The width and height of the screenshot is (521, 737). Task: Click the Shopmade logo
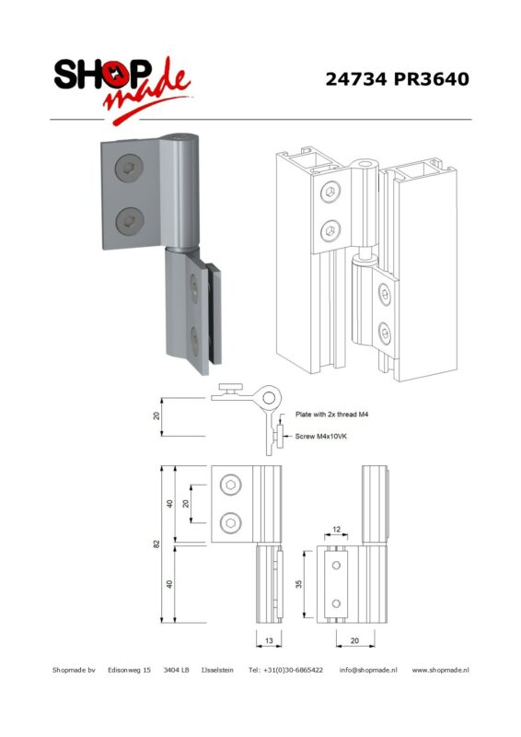122,89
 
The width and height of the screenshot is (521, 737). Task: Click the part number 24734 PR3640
397,79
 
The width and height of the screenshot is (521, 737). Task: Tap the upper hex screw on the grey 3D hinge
129,169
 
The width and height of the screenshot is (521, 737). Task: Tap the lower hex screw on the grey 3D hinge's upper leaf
129,221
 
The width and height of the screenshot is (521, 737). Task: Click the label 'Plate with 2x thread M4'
331,415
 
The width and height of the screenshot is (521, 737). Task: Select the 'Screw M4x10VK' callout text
321,436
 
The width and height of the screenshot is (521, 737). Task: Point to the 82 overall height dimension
156,544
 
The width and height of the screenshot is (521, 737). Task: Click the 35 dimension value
299,584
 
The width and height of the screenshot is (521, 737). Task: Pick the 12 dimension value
336,529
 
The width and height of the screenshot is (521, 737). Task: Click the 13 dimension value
269,640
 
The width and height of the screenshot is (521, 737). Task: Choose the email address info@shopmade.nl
368,670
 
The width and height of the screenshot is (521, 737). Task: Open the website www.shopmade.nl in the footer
440,670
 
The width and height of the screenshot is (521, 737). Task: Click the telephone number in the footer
285,670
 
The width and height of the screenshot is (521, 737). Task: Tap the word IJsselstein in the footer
217,670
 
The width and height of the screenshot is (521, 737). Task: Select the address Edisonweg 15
129,670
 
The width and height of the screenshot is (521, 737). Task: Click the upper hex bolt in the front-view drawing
231,485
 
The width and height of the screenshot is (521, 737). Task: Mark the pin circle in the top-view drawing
269,398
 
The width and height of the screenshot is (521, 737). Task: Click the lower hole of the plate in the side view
336,603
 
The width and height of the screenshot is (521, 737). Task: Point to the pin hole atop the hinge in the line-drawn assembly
365,165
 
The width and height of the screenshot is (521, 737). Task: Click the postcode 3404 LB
176,670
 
